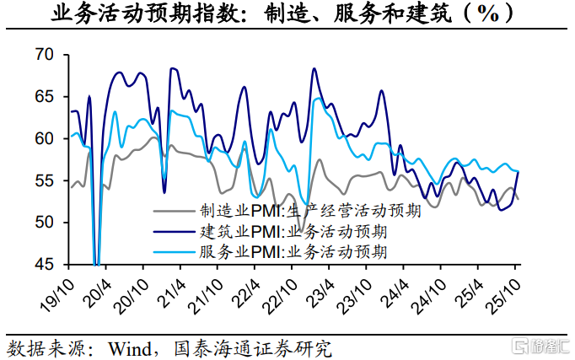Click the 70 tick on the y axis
(x=44, y=56)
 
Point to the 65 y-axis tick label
(x=44, y=97)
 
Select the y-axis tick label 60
(x=44, y=138)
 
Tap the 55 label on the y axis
(x=44, y=180)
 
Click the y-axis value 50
(x=44, y=223)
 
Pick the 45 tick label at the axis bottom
(x=44, y=264)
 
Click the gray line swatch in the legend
(x=174, y=212)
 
